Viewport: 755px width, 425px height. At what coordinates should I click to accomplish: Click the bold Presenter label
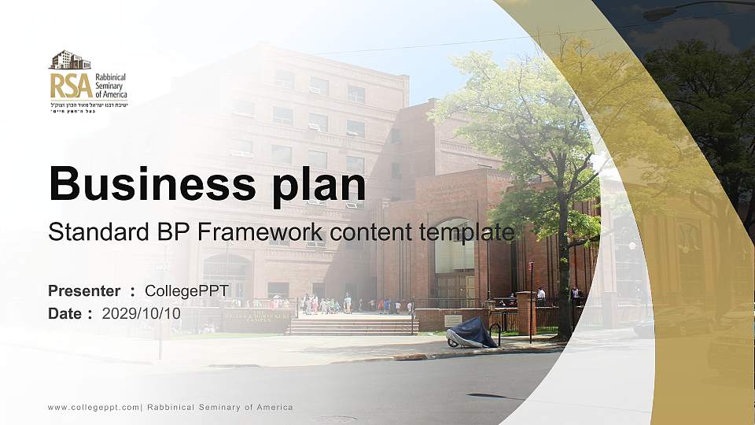point(84,291)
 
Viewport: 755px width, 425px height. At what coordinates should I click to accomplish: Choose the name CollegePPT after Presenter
point(186,291)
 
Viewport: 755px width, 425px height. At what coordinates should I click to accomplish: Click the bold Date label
point(65,313)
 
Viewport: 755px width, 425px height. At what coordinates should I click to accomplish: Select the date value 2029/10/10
point(141,313)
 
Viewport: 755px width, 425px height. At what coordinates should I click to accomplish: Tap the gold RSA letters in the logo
point(71,85)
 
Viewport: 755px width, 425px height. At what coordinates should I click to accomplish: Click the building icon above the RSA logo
point(70,60)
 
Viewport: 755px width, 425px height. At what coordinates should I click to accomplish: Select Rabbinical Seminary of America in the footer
point(219,407)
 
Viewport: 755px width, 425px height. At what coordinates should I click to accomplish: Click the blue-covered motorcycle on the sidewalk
point(472,334)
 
